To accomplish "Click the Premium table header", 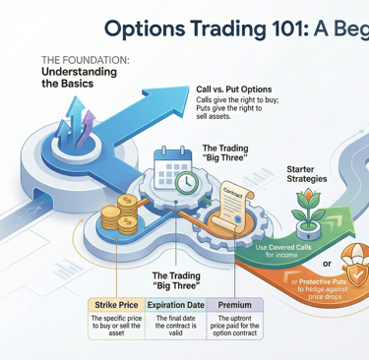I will tap(235, 305).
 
